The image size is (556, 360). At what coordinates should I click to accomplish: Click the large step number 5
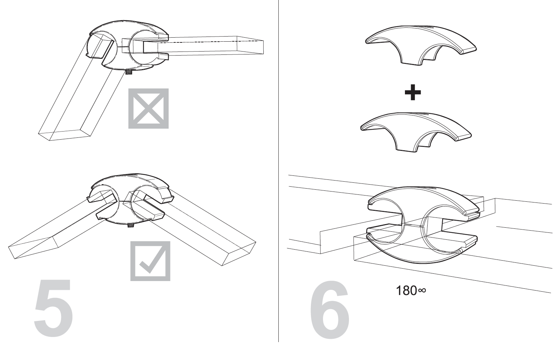53,308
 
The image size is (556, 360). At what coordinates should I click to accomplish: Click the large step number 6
330,310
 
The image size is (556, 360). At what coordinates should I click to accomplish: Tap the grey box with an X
149,109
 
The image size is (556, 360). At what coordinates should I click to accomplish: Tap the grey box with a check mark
150,261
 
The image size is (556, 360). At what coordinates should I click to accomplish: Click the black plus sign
413,92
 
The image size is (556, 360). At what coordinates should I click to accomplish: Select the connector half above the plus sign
421,45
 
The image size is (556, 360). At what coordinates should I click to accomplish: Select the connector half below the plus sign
416,132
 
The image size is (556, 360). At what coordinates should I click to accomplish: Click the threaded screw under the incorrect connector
129,72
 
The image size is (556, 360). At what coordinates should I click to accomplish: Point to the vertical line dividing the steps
278,171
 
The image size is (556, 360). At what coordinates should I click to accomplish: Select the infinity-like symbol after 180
422,290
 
